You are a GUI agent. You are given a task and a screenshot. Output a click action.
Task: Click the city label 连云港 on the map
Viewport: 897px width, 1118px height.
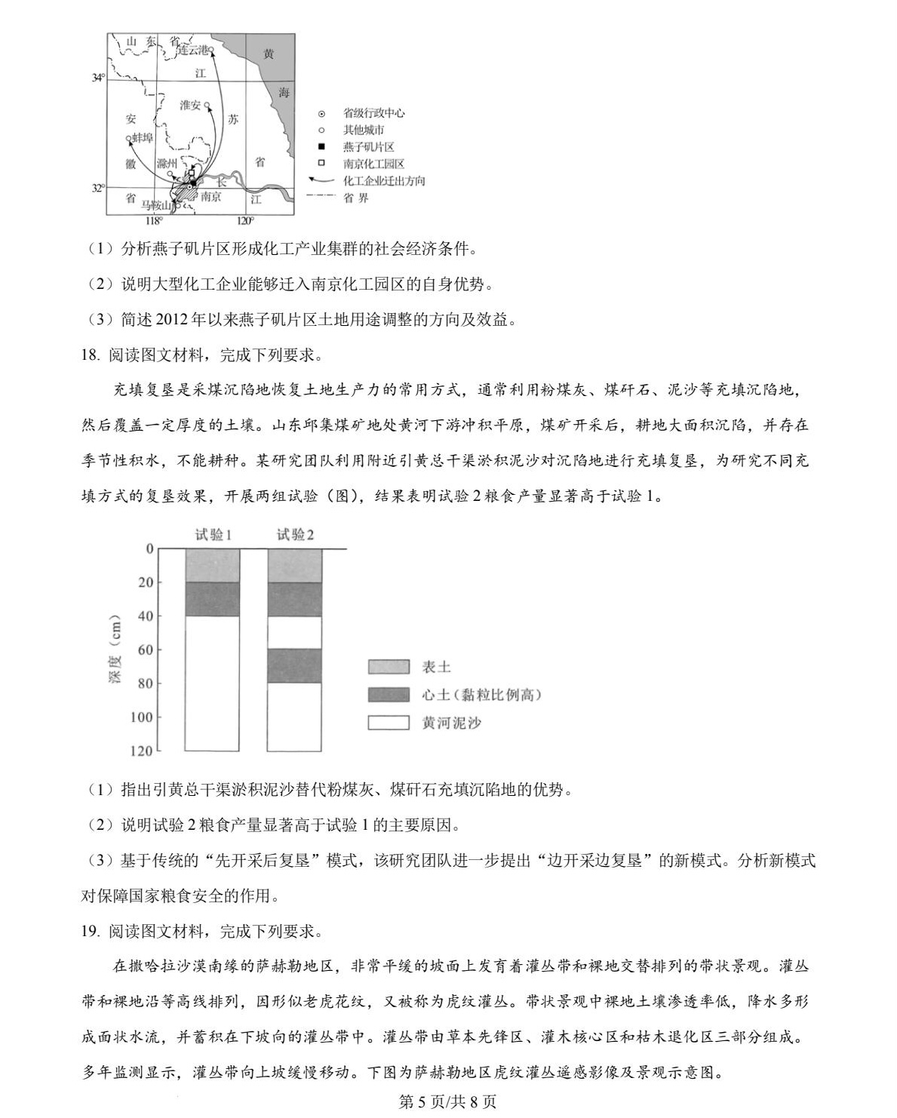pos(192,50)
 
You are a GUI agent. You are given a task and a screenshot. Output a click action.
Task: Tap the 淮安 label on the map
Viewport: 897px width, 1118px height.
pos(190,106)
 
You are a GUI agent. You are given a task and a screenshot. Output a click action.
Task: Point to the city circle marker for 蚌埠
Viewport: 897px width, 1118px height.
pos(129,138)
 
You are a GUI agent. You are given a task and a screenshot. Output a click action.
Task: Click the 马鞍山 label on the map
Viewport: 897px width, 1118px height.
pos(158,204)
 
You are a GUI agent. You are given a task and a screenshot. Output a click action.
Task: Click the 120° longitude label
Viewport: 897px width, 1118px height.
pos(245,220)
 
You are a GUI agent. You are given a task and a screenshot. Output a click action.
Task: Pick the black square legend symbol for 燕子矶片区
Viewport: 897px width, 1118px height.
pos(321,146)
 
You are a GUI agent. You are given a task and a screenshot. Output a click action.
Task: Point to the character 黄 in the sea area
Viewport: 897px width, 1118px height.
pos(269,54)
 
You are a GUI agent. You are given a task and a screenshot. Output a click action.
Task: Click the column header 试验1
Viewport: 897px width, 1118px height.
pos(213,535)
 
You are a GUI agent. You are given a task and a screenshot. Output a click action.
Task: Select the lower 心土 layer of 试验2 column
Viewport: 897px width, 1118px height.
pos(295,665)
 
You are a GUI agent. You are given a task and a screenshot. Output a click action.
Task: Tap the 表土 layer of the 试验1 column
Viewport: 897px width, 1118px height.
pos(212,566)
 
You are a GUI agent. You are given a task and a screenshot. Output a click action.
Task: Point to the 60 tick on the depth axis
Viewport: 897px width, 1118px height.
pos(145,650)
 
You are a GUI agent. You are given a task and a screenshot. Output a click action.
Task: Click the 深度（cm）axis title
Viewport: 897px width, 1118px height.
pos(115,650)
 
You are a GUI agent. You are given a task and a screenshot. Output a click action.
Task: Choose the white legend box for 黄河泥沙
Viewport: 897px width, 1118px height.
pos(389,723)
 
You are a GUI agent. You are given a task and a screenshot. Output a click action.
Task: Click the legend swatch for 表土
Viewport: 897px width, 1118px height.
pos(389,667)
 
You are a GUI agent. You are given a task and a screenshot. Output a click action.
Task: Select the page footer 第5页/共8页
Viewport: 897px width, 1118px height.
pos(447,1101)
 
